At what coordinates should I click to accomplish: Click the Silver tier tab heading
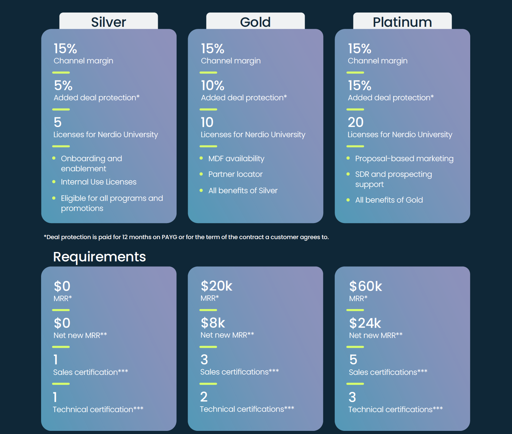[x=108, y=22]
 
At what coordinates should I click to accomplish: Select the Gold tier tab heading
[x=255, y=22]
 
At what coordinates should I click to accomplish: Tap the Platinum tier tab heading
[x=402, y=22]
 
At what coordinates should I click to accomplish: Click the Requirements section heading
[x=99, y=257]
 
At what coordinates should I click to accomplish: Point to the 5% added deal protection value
[x=63, y=86]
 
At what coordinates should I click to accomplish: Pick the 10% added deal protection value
[x=212, y=86]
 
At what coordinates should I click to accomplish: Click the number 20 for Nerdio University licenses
[x=356, y=123]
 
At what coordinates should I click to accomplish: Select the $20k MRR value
[x=216, y=286]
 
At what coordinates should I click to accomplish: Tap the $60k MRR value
[x=365, y=286]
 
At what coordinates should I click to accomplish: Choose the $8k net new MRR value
[x=213, y=323]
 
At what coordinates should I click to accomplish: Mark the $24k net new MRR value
[x=365, y=323]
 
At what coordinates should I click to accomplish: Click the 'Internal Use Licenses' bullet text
[x=99, y=182]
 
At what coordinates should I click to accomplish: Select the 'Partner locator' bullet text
[x=235, y=174]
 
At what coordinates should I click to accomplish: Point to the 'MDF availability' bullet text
[x=236, y=159]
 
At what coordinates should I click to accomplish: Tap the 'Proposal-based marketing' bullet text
[x=404, y=159]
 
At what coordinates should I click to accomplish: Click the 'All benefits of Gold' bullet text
[x=389, y=200]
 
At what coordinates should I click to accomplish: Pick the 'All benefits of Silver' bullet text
[x=243, y=191]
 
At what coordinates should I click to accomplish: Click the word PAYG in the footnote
[x=169, y=237]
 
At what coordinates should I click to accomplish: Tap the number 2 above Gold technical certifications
[x=204, y=397]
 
